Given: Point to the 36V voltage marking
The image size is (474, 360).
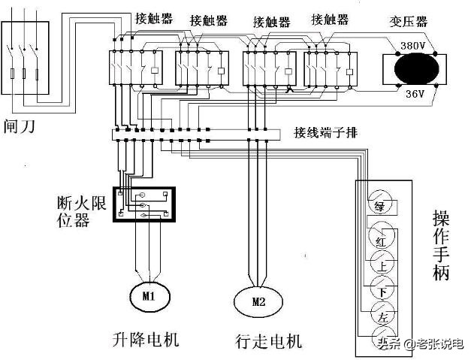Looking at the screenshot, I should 415,94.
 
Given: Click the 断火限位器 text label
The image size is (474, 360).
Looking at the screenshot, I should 73,211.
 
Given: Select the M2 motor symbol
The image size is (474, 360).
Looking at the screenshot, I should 259,302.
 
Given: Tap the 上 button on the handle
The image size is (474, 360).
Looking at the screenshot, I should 381,264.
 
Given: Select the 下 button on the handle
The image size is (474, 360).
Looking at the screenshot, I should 382,290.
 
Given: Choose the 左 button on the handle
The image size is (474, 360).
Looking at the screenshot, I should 382,316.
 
